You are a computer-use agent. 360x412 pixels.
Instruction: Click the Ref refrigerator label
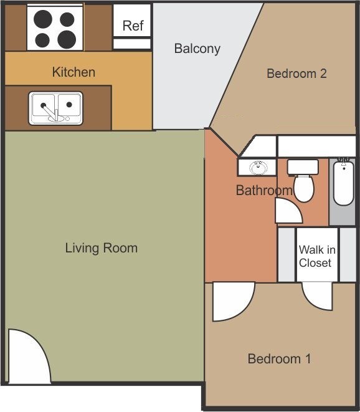133,26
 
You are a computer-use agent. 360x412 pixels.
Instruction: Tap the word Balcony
197,49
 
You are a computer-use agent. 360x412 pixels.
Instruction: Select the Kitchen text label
73,72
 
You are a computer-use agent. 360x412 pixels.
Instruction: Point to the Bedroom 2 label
296,74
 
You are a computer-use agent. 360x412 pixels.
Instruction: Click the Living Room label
102,248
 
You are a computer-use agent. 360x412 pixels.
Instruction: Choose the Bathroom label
264,190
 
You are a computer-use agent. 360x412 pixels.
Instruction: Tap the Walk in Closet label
317,256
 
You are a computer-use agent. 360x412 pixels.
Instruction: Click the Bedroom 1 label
279,358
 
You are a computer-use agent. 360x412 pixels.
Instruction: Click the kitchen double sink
55,108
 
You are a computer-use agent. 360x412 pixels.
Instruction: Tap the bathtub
344,183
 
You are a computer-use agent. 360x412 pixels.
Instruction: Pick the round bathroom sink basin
258,168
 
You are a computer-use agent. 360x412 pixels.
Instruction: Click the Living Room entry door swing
29,356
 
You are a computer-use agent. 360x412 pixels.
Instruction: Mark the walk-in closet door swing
317,295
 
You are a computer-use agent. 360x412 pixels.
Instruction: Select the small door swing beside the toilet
288,211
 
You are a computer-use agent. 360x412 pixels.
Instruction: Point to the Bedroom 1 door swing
233,302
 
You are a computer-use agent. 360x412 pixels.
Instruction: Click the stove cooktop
55,27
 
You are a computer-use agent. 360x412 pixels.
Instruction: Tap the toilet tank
303,167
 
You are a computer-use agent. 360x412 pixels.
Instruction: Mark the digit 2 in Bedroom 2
323,74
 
